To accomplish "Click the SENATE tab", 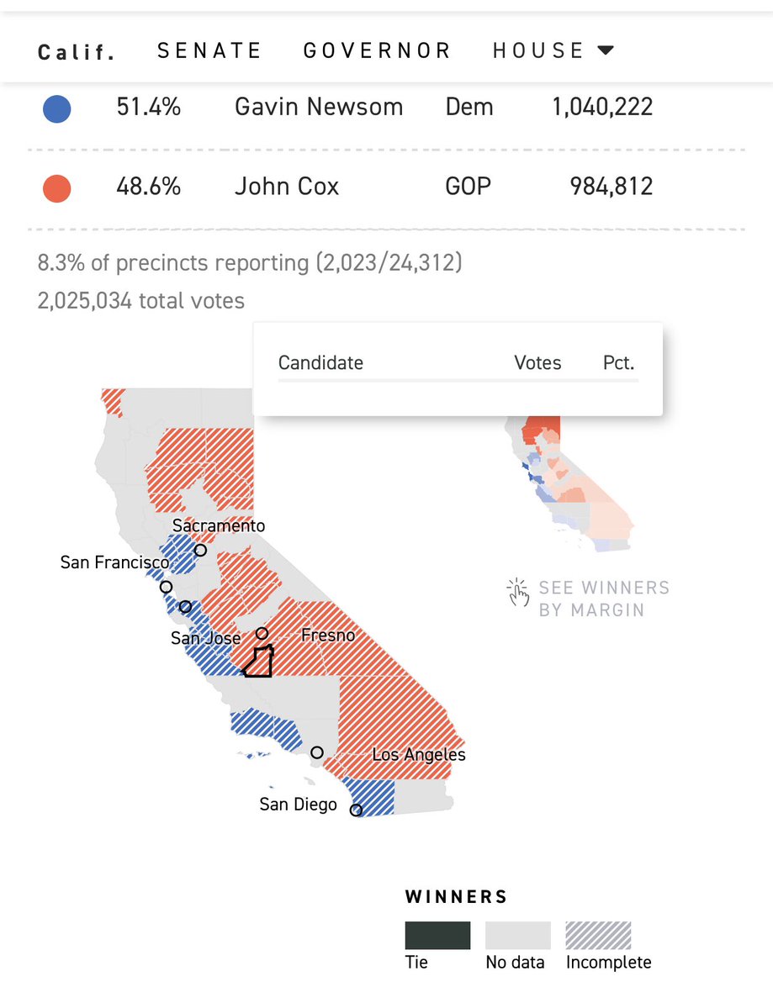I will pos(209,50).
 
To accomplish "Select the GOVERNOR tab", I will pos(377,50).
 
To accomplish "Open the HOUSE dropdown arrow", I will pos(606,50).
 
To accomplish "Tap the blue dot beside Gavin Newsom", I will pos(56,109).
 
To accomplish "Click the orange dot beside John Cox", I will pos(56,187).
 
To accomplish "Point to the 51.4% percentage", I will pos(148,108).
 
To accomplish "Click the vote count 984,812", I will pos(602,186).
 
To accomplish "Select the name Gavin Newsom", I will pos(318,108).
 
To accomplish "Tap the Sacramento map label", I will pos(218,526).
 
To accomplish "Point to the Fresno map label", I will pos(328,636).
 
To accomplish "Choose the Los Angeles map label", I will pos(419,755).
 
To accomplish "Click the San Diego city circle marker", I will pos(356,810).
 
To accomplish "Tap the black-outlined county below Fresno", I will pos(257,663).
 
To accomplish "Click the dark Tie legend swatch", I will pos(437,936).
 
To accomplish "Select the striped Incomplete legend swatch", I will pos(598,936).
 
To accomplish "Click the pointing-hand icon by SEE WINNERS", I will pos(517,592).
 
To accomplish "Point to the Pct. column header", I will pos(618,363).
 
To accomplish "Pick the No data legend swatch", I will pos(517,936).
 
